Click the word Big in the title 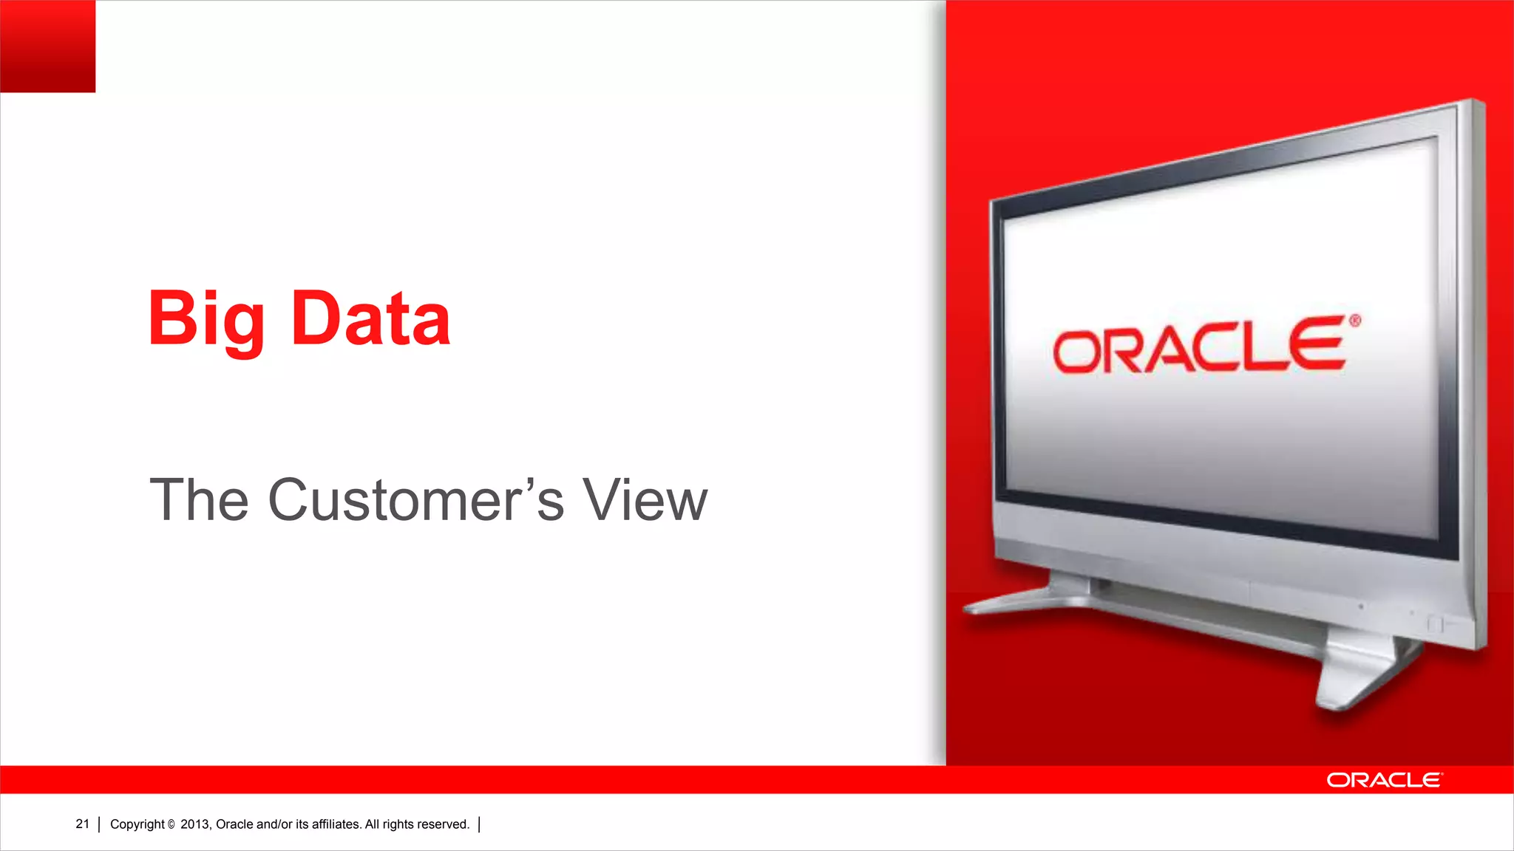pos(206,319)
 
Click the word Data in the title pos(370,319)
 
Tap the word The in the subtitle pos(198,500)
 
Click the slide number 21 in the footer pos(82,824)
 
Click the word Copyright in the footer pos(138,824)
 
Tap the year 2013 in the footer pos(195,824)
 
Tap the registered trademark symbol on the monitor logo pos(1354,321)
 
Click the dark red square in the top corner pos(47,46)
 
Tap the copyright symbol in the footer pos(172,825)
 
